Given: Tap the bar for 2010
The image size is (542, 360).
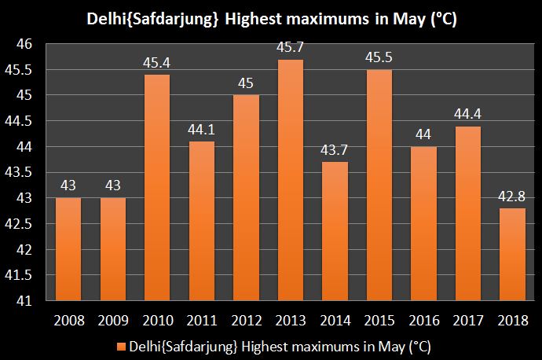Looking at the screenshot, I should point(156,189).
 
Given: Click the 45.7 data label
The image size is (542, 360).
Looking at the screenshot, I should point(290,49).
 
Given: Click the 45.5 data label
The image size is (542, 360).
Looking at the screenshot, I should point(379,59).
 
